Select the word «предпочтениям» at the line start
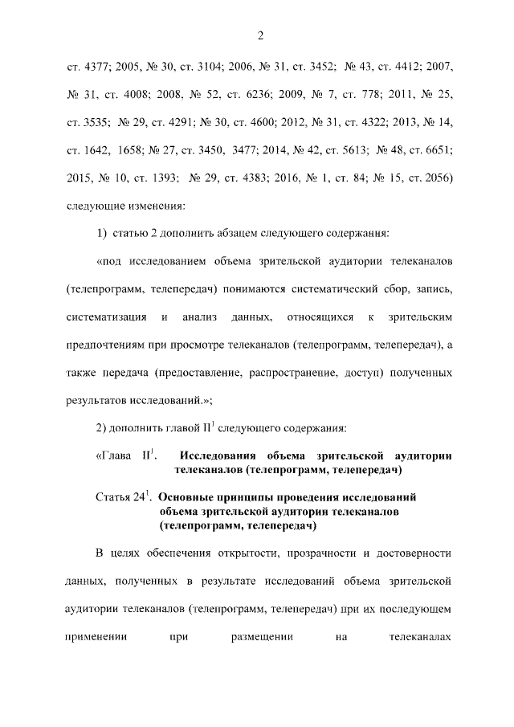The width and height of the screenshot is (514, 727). tap(105, 345)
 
